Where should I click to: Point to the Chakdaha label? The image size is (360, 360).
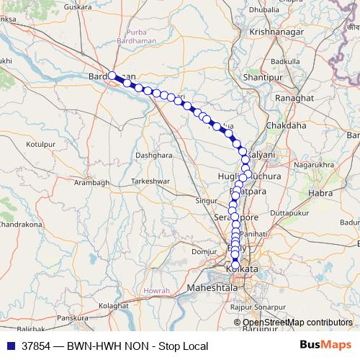coord(286,125)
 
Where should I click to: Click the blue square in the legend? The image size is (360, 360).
coord(10,346)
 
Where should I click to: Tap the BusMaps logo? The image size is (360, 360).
coord(326,346)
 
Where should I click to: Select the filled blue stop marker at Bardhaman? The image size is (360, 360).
coord(112,75)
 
